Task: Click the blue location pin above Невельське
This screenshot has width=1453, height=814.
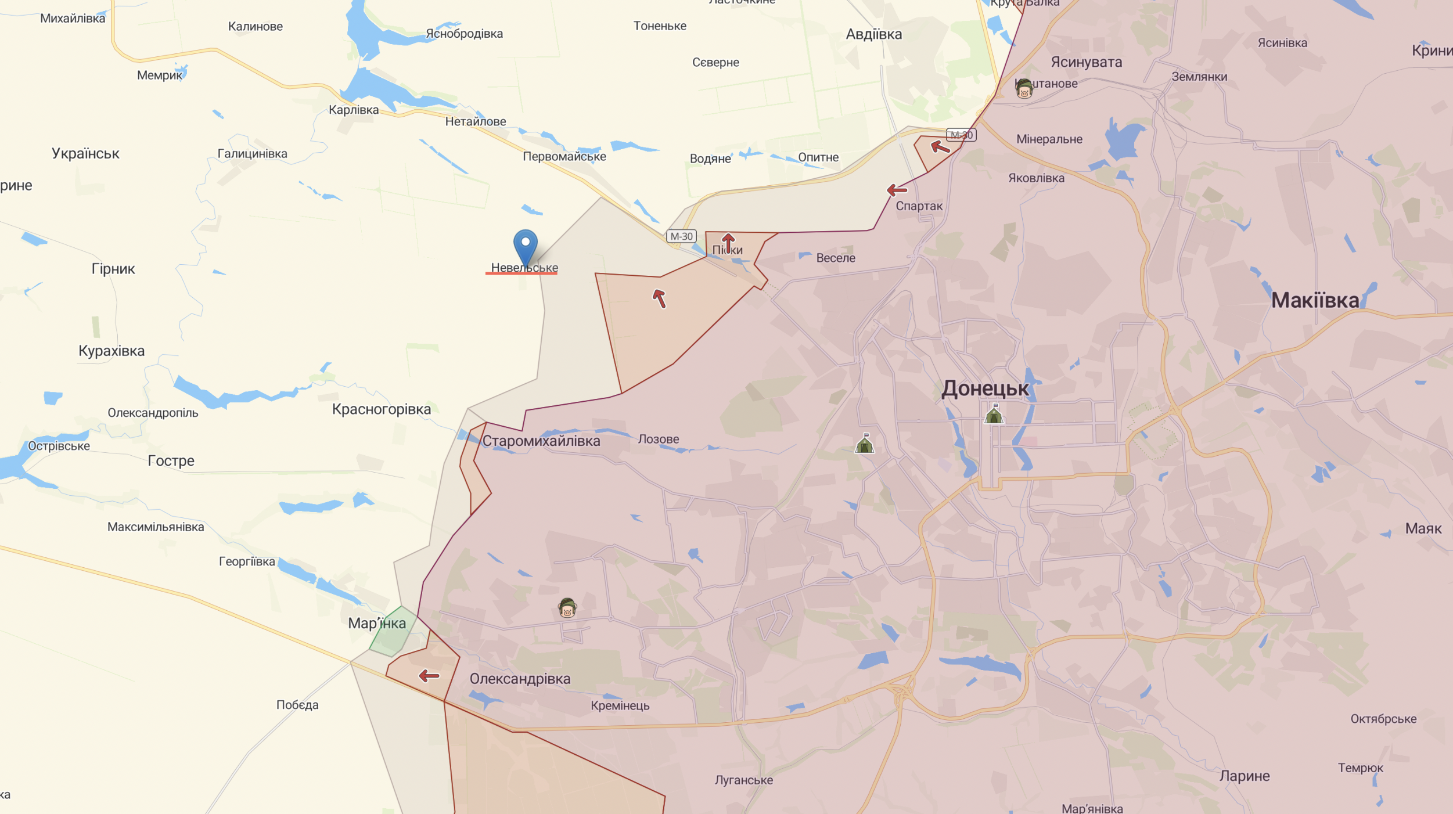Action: pyautogui.click(x=525, y=246)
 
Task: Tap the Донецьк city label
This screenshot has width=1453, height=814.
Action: pyautogui.click(x=985, y=388)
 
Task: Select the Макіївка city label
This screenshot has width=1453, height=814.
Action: pyautogui.click(x=1315, y=301)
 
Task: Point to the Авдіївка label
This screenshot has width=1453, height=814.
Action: pyautogui.click(x=873, y=34)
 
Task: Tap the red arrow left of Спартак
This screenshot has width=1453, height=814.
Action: pyautogui.click(x=897, y=190)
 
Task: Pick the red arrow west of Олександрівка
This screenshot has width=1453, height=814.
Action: pyautogui.click(x=429, y=676)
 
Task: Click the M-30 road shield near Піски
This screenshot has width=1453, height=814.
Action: pyautogui.click(x=681, y=236)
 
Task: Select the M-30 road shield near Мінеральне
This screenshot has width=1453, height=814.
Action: pyautogui.click(x=961, y=135)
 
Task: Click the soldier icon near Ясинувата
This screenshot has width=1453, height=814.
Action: pyautogui.click(x=1024, y=89)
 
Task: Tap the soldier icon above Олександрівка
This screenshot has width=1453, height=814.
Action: pyautogui.click(x=567, y=608)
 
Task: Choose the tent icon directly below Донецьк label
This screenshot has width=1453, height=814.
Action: pyautogui.click(x=994, y=415)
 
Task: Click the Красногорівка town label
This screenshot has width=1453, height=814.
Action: pyautogui.click(x=381, y=409)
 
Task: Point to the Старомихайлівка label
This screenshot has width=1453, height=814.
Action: pyautogui.click(x=541, y=441)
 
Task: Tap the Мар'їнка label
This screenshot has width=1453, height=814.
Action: pyautogui.click(x=377, y=624)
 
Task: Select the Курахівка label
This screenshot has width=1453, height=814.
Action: pyautogui.click(x=112, y=351)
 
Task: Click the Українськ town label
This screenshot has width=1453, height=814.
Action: pyautogui.click(x=85, y=154)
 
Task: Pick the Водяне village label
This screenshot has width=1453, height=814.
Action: pyautogui.click(x=710, y=159)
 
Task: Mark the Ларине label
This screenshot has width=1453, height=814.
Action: pyautogui.click(x=1244, y=776)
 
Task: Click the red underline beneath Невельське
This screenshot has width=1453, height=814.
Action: pyautogui.click(x=521, y=273)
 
